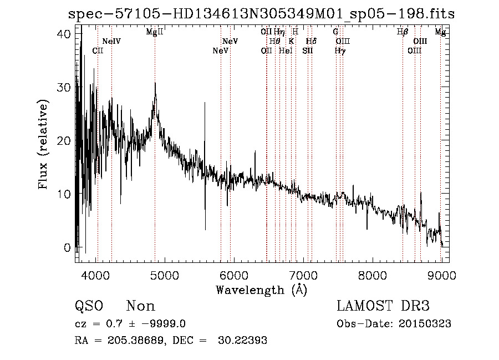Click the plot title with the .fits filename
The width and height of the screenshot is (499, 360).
[261, 14]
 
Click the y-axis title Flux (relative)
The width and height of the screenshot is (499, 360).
[43, 144]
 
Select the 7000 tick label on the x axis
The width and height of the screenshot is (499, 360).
[303, 274]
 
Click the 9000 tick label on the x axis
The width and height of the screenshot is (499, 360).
[441, 274]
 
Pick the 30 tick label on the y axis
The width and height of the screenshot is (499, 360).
[65, 88]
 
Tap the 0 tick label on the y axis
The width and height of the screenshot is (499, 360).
[68, 247]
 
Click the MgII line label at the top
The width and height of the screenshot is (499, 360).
[155, 32]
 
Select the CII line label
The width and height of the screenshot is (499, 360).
[98, 51]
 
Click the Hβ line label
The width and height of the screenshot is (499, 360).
[403, 32]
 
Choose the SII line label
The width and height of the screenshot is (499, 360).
[308, 51]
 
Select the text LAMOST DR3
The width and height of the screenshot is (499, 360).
[383, 306]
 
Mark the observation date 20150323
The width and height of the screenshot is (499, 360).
[427, 324]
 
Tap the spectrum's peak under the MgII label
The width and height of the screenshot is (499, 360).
[156, 84]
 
